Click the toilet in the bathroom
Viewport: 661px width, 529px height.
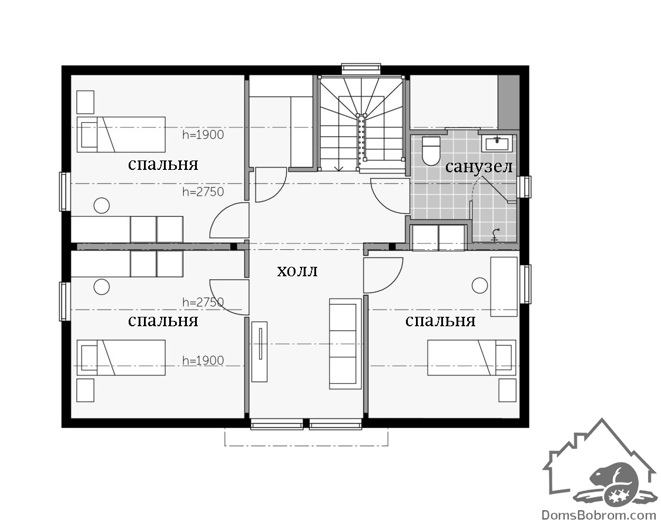431,150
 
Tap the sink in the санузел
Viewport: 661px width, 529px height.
498,143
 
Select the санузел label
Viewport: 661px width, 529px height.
479,167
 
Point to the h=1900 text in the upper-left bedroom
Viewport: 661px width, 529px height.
203,135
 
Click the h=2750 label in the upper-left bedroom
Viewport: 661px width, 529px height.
203,192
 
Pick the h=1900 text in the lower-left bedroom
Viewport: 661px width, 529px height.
203,361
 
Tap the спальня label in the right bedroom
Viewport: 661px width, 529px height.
441,322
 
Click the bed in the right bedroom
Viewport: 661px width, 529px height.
472,357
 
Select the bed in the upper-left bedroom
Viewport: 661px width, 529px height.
121,135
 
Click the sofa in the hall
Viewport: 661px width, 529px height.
345,344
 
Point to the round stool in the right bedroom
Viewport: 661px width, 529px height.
479,285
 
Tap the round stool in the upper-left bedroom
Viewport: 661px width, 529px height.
102,206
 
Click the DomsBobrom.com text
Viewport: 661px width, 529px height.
599,515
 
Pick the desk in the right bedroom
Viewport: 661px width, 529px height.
504,287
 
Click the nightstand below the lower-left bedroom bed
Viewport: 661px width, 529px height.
85,390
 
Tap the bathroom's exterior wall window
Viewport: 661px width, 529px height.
525,186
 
